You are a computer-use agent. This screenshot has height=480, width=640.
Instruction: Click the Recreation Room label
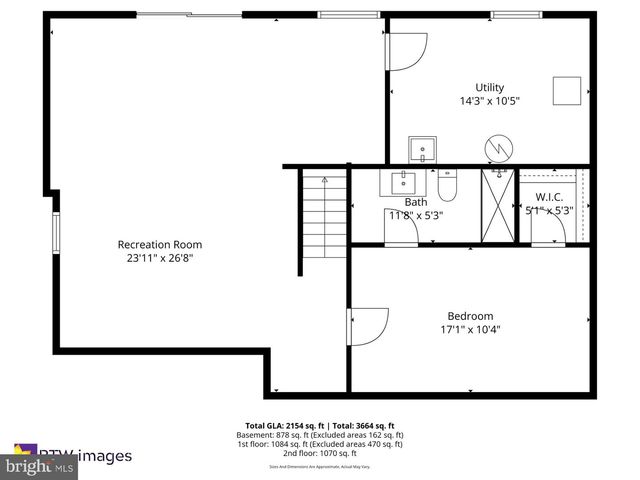[160, 244]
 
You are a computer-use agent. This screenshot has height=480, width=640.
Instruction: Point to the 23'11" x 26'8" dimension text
[160, 258]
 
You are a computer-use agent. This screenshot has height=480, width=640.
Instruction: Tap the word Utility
[489, 87]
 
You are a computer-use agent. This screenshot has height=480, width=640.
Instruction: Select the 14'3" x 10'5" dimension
[489, 100]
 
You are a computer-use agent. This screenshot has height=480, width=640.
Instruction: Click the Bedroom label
[470, 316]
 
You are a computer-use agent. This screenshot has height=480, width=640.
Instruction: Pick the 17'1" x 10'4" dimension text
[470, 329]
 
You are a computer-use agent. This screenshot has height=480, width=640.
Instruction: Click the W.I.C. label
[549, 197]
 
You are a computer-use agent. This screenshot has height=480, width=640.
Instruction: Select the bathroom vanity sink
[405, 182]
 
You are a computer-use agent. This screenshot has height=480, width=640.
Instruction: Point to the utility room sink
[423, 150]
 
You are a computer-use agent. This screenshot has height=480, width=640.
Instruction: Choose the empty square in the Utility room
[569, 90]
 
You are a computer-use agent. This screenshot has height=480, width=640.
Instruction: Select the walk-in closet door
[549, 229]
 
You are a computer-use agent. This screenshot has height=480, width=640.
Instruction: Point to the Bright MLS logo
[40, 466]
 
